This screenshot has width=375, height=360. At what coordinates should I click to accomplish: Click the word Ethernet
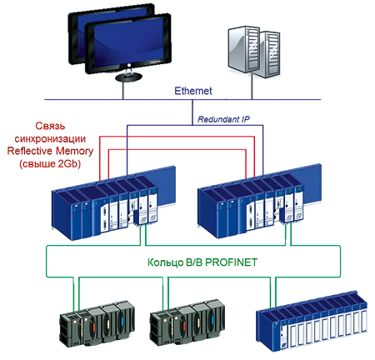point(193,91)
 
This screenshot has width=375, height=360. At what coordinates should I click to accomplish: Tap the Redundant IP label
point(223,119)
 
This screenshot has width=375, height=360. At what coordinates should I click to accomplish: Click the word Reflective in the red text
point(30,151)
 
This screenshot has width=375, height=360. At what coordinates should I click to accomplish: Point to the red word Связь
point(50,126)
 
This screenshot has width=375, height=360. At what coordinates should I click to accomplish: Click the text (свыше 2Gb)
point(50,163)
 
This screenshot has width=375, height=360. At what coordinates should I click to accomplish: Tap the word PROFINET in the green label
point(231,262)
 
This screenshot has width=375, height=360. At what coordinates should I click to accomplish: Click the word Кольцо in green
point(165,262)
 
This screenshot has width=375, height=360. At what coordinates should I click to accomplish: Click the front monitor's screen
point(129,44)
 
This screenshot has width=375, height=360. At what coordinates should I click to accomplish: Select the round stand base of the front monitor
point(128,77)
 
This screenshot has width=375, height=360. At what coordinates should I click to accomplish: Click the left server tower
point(243,49)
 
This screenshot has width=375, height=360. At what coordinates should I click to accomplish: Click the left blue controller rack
point(113,202)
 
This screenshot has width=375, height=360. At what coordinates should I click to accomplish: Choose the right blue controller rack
point(259,202)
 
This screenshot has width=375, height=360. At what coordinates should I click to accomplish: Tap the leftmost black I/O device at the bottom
point(97,323)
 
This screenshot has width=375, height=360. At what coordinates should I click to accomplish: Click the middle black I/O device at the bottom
point(187,323)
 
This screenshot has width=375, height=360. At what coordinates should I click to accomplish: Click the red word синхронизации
point(50,138)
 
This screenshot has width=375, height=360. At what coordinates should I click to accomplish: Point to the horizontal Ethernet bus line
point(182,99)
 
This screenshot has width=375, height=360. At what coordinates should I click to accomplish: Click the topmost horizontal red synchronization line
point(177,137)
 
